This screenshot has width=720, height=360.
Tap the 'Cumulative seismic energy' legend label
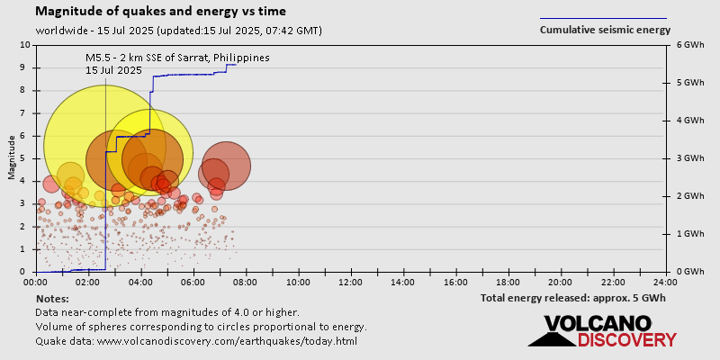(x=605, y=30)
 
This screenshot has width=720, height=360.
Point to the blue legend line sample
(x=603, y=17)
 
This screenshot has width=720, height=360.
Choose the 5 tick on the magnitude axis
(x=25, y=158)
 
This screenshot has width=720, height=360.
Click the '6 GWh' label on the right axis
(x=689, y=45)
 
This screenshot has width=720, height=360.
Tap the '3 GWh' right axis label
(x=689, y=158)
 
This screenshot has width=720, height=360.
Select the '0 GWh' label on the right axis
(x=689, y=272)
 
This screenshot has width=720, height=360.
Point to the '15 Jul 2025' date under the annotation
(x=113, y=69)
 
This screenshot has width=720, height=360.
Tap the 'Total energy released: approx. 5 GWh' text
(x=572, y=298)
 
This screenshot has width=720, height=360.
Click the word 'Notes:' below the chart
(x=52, y=298)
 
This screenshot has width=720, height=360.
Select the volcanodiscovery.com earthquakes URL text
(x=227, y=341)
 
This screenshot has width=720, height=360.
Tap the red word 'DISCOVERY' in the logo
(x=626, y=340)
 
